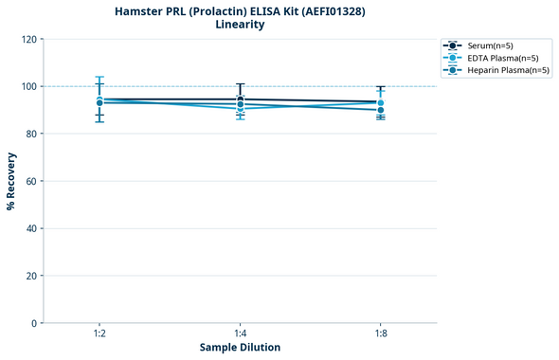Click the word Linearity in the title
pyautogui.click(x=240, y=25)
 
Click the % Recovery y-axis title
pyautogui.click(x=11, y=181)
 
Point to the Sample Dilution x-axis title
pyautogui.click(x=240, y=348)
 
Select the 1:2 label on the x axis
pyautogui.click(x=99, y=334)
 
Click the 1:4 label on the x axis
pyautogui.click(x=240, y=334)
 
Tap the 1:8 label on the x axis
pyautogui.click(x=380, y=334)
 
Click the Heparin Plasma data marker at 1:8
pyautogui.click(x=380, y=110)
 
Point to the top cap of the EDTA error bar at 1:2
pyautogui.click(x=99, y=78)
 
